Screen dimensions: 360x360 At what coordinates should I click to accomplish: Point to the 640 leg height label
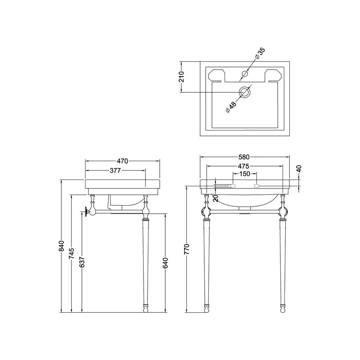pos(166,263)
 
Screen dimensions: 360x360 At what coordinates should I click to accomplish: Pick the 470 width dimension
pos(123,161)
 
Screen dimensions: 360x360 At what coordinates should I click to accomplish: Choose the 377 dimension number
pos(116,170)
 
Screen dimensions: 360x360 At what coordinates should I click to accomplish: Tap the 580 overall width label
pos(244,157)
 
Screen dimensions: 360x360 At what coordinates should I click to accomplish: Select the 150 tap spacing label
pos(244,174)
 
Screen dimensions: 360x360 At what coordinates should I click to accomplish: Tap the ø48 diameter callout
pos(230,107)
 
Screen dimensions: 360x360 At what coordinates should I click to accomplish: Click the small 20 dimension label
pos(216,198)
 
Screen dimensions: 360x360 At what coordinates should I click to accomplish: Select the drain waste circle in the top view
pos(245,92)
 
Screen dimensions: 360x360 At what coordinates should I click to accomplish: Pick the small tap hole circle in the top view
pos(245,74)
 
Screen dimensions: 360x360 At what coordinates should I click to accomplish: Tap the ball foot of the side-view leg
pos(146,309)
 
